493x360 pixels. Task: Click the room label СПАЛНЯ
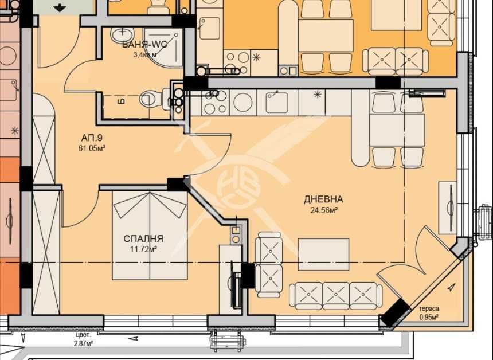click(x=144, y=238)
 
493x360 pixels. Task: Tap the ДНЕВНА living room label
click(x=323, y=199)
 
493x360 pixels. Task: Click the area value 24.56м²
click(x=323, y=210)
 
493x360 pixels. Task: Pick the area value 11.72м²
click(x=144, y=249)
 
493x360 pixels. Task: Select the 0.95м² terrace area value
click(x=429, y=316)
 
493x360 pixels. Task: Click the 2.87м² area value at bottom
click(x=83, y=343)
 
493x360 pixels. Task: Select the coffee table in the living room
click(x=323, y=254)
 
